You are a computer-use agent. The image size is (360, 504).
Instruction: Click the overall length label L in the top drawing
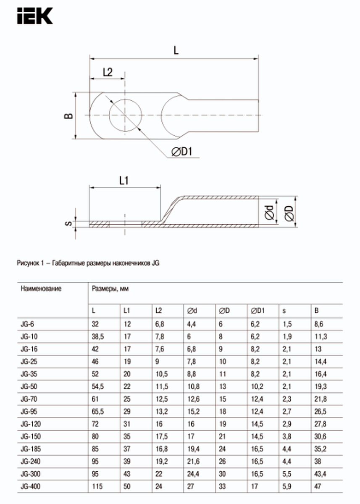[x=176, y=50]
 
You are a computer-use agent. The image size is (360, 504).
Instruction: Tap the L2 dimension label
[x=108, y=72]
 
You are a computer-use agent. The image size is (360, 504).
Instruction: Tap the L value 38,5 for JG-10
[x=97, y=336]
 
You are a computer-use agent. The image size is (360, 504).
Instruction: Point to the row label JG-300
[x=29, y=474]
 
